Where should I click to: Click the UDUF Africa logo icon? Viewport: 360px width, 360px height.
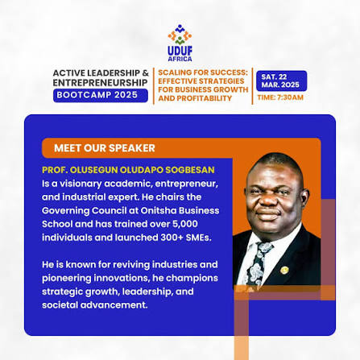click(180, 35)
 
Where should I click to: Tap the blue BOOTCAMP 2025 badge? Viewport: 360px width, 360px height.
click(101, 95)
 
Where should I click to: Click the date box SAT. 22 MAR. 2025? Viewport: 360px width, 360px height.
click(281, 81)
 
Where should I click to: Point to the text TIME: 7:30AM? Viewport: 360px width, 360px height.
click(280, 97)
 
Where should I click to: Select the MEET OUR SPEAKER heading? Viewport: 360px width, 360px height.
click(105, 148)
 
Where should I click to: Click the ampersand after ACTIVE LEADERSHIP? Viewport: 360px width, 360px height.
click(145, 73)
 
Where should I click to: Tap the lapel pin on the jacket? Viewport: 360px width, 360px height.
click(284, 270)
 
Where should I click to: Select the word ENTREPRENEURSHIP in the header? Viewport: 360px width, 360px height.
click(100, 83)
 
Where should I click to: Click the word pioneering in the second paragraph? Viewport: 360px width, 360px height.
click(67, 278)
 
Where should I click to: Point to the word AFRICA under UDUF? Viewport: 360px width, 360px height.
click(180, 59)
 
